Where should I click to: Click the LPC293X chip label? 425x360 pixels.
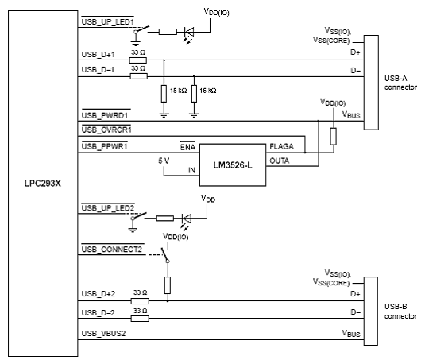(43, 184)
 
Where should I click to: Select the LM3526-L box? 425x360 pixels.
(233, 165)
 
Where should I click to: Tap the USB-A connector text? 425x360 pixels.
(400, 83)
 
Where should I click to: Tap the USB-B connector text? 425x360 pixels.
(400, 312)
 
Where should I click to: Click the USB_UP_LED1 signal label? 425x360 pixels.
(108, 21)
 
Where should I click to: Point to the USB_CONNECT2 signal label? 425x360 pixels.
(112, 249)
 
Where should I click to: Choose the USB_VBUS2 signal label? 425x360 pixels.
(103, 333)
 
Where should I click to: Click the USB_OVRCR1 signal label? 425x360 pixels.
(106, 130)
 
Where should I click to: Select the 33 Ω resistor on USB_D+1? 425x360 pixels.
(138, 60)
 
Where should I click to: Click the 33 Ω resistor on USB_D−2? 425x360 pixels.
(140, 319)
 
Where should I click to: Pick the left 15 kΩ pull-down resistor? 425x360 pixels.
(164, 94)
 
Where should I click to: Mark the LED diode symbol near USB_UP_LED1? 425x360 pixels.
(188, 32)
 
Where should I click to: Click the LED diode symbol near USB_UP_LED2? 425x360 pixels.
(186, 219)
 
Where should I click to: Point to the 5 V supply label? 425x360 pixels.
(164, 161)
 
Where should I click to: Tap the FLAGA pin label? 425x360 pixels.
(281, 147)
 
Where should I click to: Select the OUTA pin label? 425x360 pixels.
(279, 161)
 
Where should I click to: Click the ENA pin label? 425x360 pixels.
(187, 147)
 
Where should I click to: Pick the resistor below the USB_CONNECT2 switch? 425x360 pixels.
(168, 285)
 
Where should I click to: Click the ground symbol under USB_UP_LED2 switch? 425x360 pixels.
(133, 230)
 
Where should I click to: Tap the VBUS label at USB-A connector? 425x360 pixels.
(351, 114)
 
